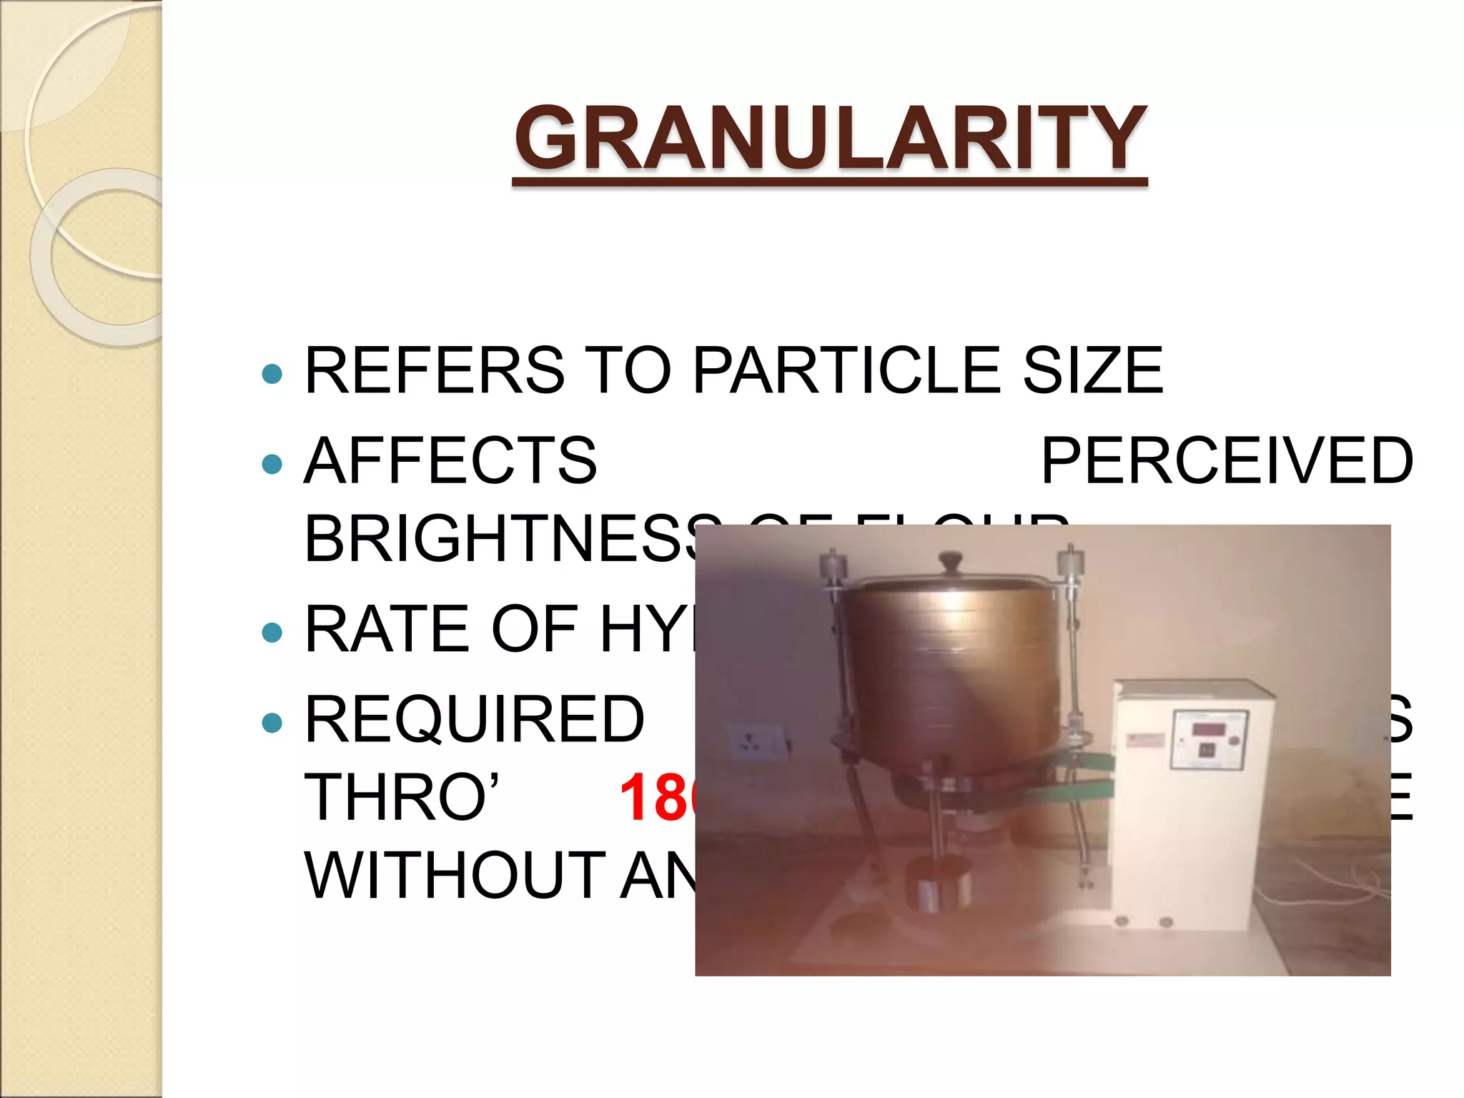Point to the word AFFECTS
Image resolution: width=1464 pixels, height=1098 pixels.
point(450,461)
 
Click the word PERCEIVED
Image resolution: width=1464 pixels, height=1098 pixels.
point(1227,461)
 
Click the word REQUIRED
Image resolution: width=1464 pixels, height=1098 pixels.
point(474,720)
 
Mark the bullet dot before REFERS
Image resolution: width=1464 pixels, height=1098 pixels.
point(272,373)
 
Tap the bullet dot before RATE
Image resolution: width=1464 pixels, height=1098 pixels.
point(272,632)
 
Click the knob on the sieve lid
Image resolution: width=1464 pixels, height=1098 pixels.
point(950,561)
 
